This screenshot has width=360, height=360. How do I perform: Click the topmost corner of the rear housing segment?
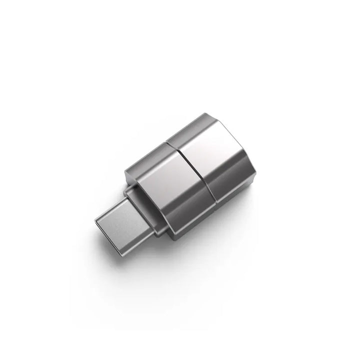coord(202,114)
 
